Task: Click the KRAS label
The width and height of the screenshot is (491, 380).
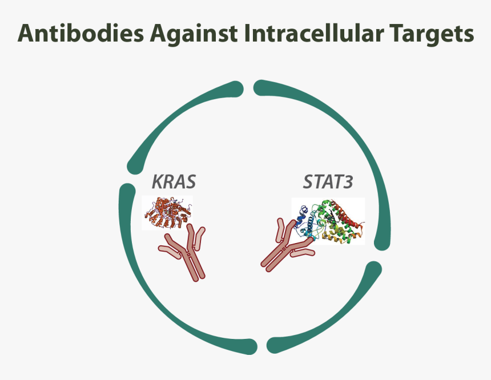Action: (173, 182)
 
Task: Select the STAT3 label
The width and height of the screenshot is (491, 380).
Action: (328, 184)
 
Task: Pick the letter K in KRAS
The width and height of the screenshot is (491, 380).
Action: (157, 182)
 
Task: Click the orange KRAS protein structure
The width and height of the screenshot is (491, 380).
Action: (167, 212)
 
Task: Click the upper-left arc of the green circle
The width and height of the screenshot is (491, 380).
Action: (171, 114)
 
